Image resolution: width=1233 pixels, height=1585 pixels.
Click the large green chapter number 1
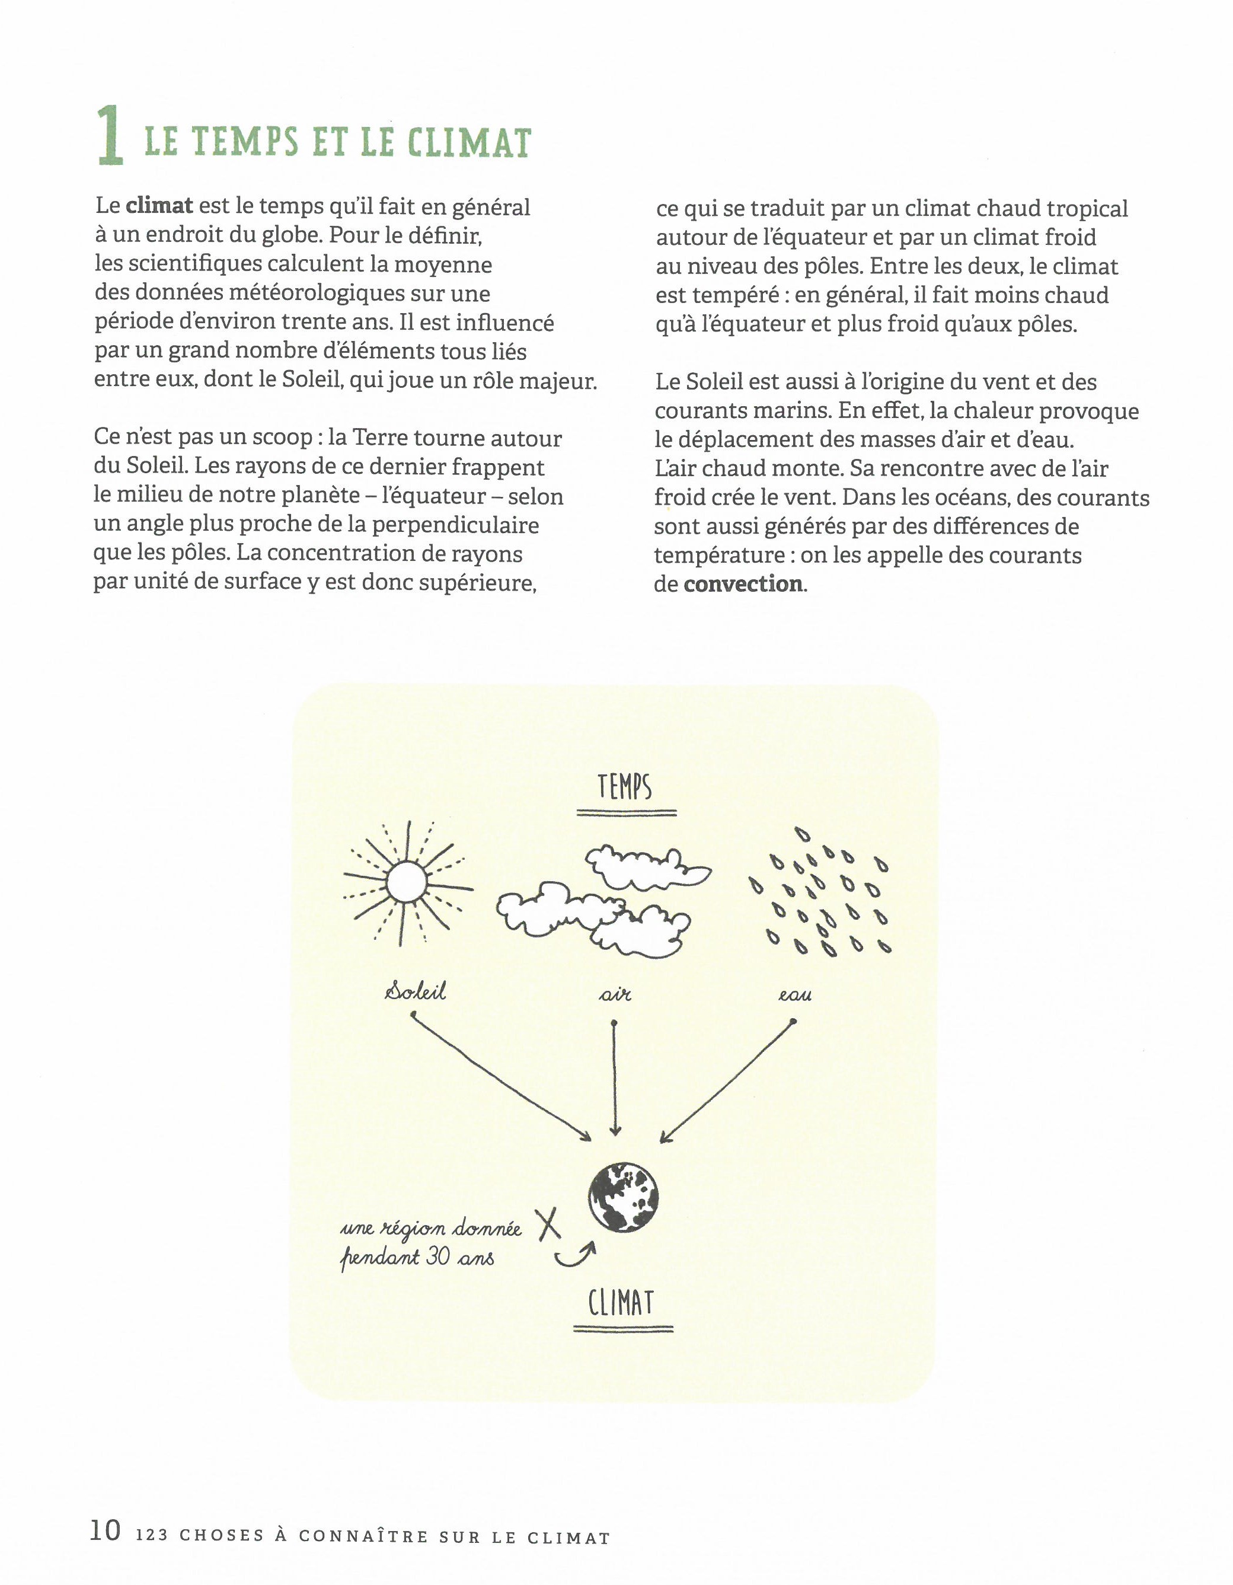coord(111,135)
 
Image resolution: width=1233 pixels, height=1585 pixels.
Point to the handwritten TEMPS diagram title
coord(625,787)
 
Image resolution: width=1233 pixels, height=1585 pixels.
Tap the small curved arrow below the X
coord(576,1255)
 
